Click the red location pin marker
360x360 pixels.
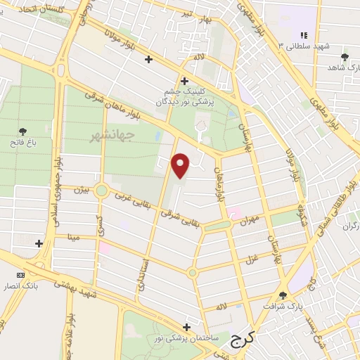[181, 165]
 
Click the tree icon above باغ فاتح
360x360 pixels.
[22, 131]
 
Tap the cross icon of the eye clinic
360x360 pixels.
[184, 80]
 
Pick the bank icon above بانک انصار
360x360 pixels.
[20, 274]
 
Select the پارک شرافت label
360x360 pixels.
[283, 306]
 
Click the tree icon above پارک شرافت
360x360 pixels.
[283, 295]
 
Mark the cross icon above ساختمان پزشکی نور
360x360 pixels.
[186, 327]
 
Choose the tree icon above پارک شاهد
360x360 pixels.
[344, 57]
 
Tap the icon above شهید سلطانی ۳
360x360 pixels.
[303, 34]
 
